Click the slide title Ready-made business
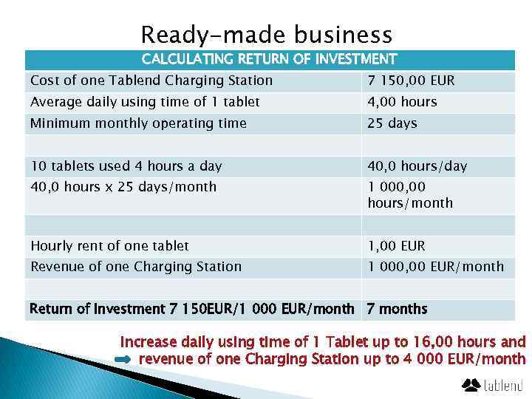click(x=266, y=35)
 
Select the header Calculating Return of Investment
click(x=269, y=59)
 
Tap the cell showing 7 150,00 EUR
click(x=411, y=81)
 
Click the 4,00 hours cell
click(x=402, y=102)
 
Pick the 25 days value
click(x=392, y=123)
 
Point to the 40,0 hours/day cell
click(x=417, y=166)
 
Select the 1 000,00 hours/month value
click(x=409, y=195)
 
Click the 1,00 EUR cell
click(x=396, y=246)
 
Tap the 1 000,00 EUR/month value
click(x=435, y=267)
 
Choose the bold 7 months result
click(x=397, y=309)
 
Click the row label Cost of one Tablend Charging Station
click(x=151, y=81)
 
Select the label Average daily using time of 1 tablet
click(x=145, y=102)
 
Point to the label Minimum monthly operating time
click(x=138, y=123)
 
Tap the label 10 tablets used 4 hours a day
click(x=126, y=166)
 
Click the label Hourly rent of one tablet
click(x=109, y=246)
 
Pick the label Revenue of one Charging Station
click(x=136, y=267)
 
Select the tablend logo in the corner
click(x=492, y=384)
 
